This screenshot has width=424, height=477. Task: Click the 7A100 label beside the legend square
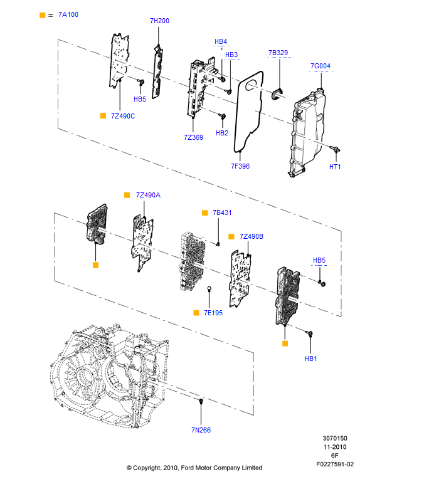click(68, 14)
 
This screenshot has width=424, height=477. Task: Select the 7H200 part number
click(159, 21)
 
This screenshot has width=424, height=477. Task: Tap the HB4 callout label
click(221, 41)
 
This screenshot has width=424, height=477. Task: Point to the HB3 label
click(231, 55)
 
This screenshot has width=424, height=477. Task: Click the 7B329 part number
click(278, 53)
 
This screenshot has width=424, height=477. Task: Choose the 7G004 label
click(321, 66)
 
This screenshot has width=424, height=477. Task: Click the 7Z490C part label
click(123, 116)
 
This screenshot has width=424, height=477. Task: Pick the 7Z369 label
click(194, 137)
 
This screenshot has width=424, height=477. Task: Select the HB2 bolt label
click(222, 133)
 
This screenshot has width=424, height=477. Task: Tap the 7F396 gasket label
click(240, 166)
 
